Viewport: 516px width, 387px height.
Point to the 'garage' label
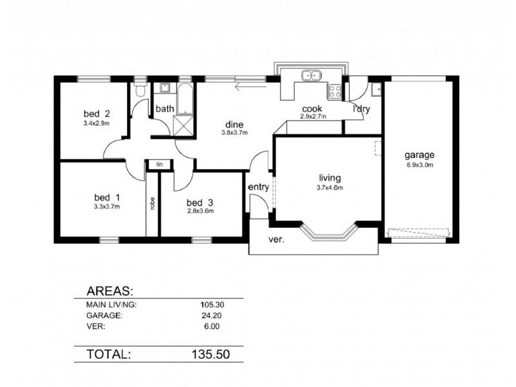point(419,155)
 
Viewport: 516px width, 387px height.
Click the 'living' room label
point(329,178)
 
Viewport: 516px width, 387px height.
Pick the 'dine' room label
point(233,124)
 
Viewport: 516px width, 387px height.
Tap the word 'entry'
point(259,187)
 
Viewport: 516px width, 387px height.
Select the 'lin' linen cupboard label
point(155,165)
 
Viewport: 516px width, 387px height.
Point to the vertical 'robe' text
point(152,203)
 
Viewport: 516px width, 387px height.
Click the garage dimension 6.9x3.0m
point(419,165)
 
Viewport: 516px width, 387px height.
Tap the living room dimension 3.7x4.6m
point(329,188)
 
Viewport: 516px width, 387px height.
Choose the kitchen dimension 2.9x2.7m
point(313,117)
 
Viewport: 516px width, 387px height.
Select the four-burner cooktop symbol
point(334,92)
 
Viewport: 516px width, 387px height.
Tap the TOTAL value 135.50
point(207,354)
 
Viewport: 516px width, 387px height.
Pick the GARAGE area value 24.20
point(208,316)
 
